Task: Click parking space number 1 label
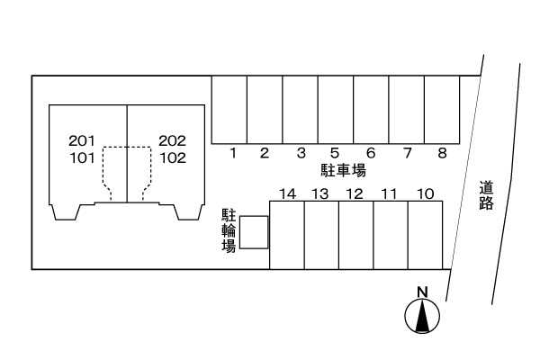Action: [x=233, y=153]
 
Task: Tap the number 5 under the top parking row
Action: [x=335, y=153]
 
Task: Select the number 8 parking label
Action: [x=442, y=153]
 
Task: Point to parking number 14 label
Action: [x=288, y=194]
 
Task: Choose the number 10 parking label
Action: [x=426, y=194]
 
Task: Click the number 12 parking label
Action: [x=355, y=194]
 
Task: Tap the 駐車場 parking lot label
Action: [x=343, y=170]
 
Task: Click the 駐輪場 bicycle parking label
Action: [x=229, y=230]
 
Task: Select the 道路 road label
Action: [x=486, y=195]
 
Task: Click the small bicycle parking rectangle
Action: [x=254, y=232]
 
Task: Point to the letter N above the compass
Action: [x=422, y=292]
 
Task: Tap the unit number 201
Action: [x=81, y=140]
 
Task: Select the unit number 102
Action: [x=173, y=158]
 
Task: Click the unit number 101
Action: [x=82, y=158]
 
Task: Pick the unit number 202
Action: [x=172, y=140]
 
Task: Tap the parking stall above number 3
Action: [x=300, y=110]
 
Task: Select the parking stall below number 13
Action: [x=321, y=235]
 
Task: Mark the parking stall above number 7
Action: [x=407, y=110]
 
